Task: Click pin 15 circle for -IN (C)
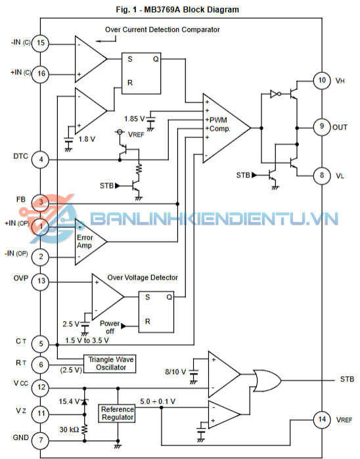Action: point(41,43)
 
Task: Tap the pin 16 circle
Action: point(41,74)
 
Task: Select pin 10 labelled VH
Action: point(322,80)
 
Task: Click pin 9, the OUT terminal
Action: point(322,127)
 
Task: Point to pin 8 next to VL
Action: point(322,175)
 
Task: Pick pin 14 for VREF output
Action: point(322,420)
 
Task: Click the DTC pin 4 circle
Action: point(41,160)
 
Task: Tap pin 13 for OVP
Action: point(41,281)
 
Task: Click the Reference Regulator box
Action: point(117,413)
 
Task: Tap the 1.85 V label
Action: point(135,119)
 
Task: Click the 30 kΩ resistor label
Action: point(69,429)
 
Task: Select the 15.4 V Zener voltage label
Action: point(69,401)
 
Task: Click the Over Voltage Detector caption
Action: point(143,278)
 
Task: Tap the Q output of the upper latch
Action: point(156,59)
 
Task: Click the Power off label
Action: point(110,327)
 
